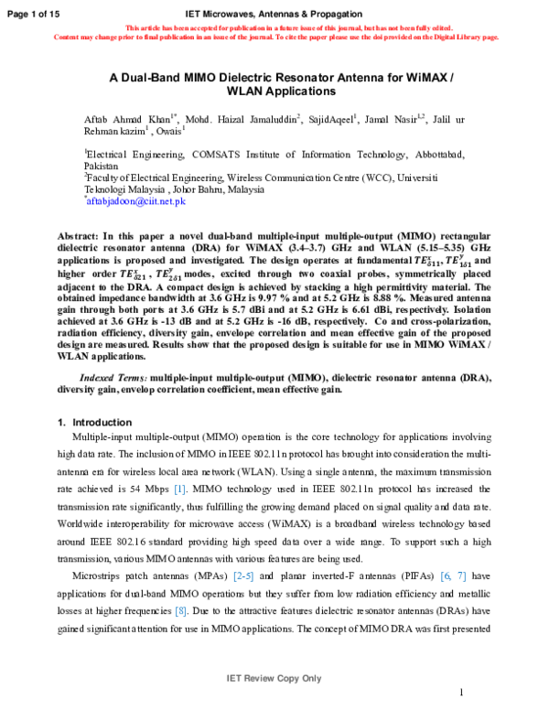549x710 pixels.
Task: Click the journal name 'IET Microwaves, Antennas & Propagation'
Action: (274, 14)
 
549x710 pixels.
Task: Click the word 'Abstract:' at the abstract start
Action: (78, 235)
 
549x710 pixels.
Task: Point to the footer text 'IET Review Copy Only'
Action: (274, 678)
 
